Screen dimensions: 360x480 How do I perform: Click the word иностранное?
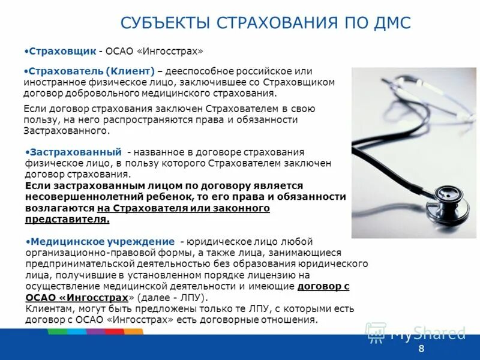click(51, 82)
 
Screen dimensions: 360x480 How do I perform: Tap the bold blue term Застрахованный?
click(76, 152)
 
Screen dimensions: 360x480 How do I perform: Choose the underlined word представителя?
click(68, 219)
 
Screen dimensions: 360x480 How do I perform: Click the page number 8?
click(421, 349)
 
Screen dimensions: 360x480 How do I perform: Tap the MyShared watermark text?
click(428, 333)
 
